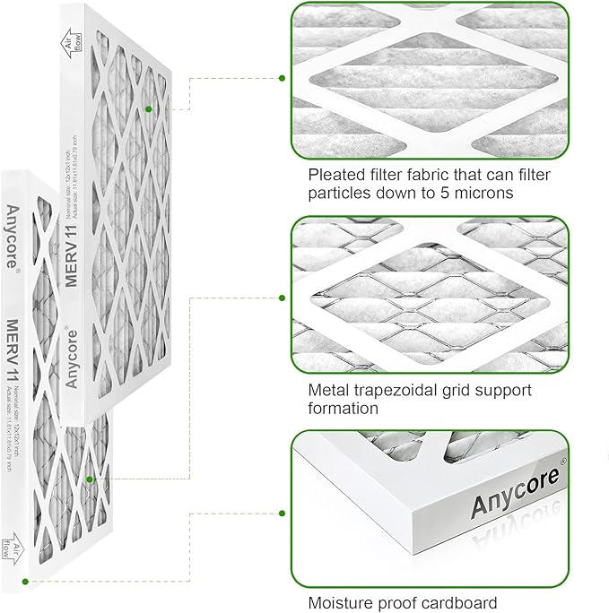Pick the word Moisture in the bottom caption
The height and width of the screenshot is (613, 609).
pyautogui.click(x=342, y=602)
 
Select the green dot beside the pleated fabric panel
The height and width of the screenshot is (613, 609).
pyautogui.click(x=282, y=79)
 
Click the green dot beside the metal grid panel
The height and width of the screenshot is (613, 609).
pyautogui.click(x=282, y=298)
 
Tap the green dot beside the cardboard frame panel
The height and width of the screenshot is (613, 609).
pyautogui.click(x=282, y=513)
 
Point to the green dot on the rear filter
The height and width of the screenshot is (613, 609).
pyautogui.click(x=149, y=108)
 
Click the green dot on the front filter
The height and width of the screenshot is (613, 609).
pyautogui.click(x=90, y=479)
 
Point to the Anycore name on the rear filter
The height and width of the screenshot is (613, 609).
pyautogui.click(x=74, y=351)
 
